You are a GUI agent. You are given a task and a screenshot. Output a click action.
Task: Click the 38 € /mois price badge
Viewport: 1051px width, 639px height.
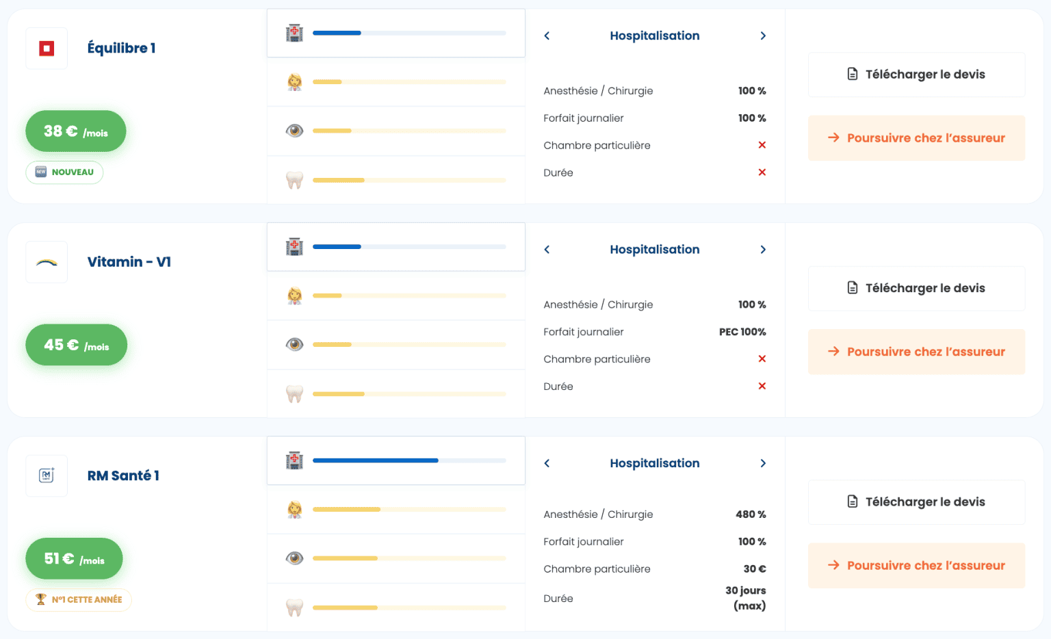(x=76, y=131)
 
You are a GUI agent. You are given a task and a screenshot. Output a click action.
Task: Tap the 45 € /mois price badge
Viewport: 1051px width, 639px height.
(x=77, y=345)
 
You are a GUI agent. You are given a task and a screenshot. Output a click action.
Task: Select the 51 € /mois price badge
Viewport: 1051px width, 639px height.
(x=74, y=559)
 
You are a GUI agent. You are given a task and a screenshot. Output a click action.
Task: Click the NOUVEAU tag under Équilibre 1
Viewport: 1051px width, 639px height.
(x=65, y=172)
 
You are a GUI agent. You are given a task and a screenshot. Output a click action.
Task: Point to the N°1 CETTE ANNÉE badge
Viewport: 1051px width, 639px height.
(x=79, y=600)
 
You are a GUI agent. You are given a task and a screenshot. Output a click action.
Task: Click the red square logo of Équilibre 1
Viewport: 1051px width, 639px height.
(x=47, y=49)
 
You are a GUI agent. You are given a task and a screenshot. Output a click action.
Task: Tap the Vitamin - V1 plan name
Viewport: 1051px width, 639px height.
(x=129, y=262)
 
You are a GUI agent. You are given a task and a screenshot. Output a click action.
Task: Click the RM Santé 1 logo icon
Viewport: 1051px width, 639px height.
(x=47, y=475)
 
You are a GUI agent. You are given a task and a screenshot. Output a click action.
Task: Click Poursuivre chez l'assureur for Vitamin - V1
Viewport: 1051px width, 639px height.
(x=916, y=352)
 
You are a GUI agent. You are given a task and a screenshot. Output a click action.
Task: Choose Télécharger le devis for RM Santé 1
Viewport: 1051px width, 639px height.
(x=916, y=502)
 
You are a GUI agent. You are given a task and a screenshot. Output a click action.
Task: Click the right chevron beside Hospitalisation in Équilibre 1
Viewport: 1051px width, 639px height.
(x=763, y=36)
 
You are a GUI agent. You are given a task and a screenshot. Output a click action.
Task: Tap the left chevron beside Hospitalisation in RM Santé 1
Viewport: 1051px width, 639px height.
(x=547, y=464)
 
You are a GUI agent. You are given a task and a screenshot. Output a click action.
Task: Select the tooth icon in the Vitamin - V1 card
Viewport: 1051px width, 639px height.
(x=294, y=394)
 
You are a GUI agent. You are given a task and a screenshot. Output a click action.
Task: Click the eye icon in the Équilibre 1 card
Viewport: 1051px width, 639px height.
(x=294, y=131)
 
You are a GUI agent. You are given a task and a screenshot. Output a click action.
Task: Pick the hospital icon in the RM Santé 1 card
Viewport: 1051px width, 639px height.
(x=294, y=460)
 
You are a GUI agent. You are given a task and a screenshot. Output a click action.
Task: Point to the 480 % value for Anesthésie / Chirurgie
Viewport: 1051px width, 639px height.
(x=751, y=514)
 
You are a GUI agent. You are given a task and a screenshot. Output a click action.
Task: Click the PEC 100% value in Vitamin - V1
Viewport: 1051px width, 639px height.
(x=742, y=332)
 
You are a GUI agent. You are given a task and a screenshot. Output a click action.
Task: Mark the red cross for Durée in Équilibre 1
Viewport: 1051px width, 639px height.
(x=762, y=172)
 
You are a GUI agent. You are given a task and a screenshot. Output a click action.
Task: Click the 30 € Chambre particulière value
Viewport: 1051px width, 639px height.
(x=755, y=569)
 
